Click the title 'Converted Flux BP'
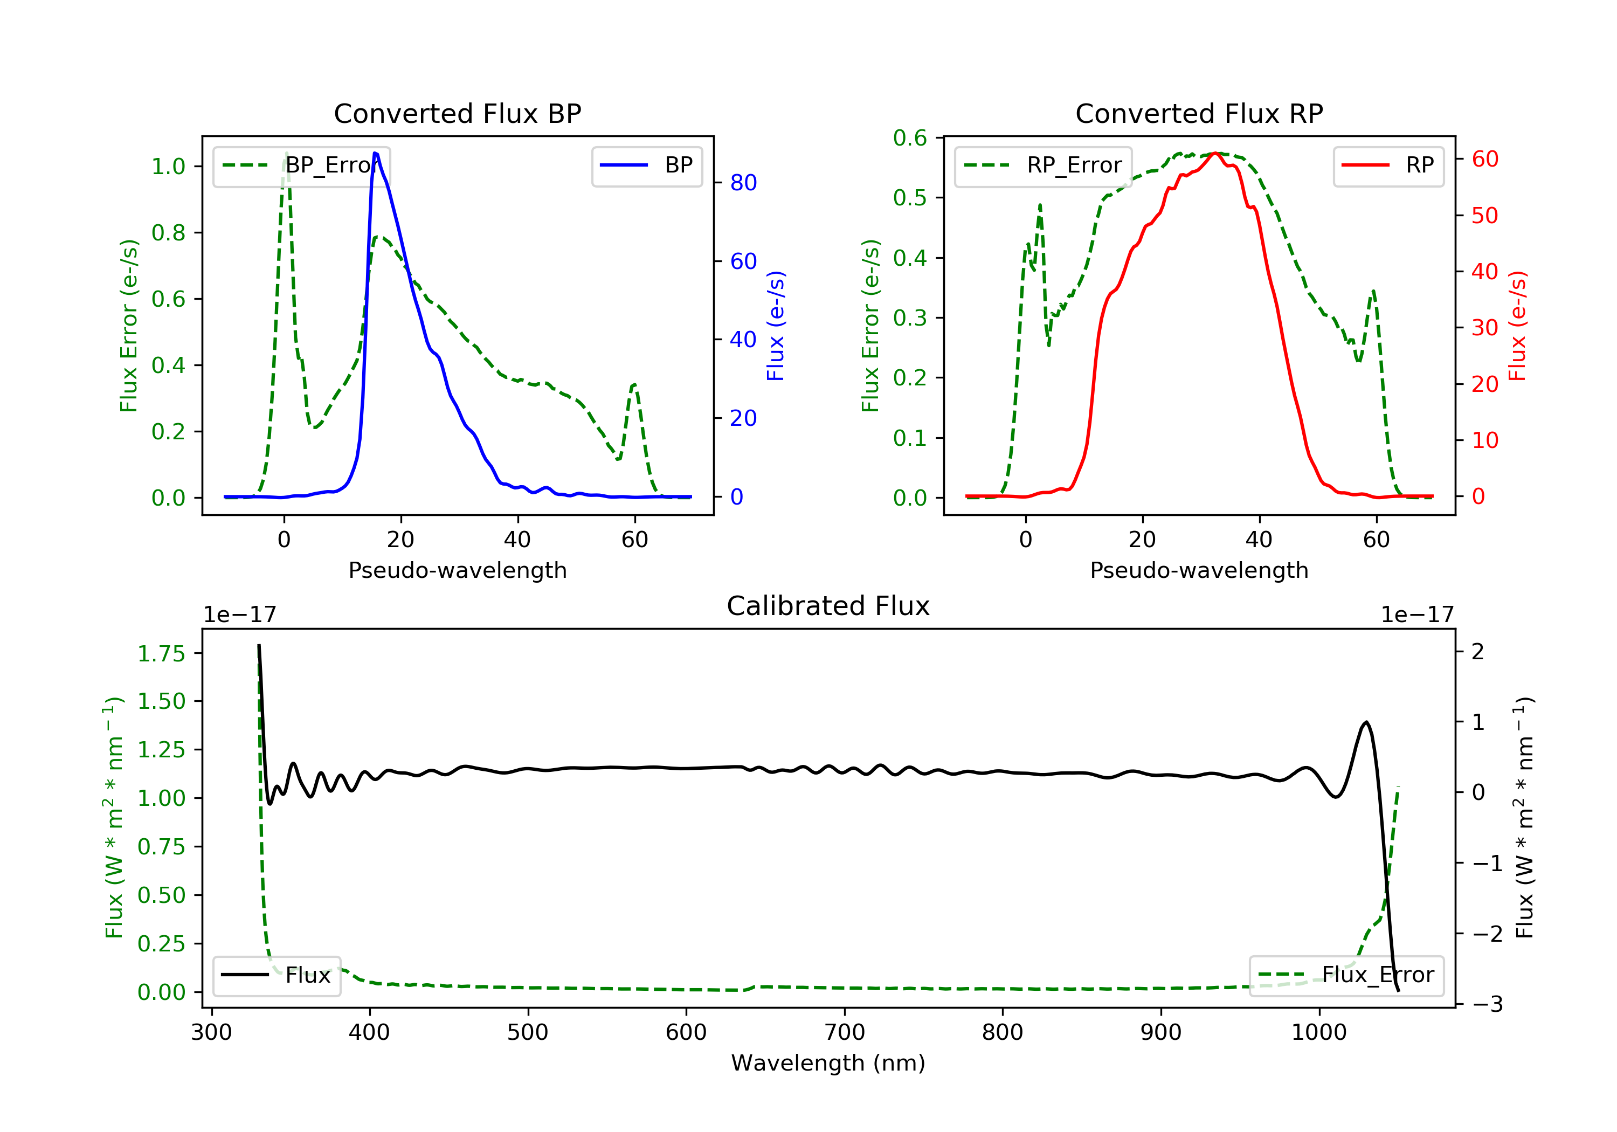click(x=458, y=113)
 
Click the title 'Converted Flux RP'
click(x=1199, y=113)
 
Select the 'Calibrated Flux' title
click(x=828, y=606)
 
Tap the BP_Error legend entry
click(x=301, y=165)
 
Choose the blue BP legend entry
click(x=646, y=165)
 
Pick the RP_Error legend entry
click(x=1043, y=165)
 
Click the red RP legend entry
click(x=1388, y=165)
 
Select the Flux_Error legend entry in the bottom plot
click(x=1346, y=975)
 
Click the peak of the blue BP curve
click(x=375, y=153)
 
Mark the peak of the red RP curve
click(x=1215, y=153)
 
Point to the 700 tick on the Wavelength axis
click(x=845, y=1033)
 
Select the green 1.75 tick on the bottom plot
click(x=161, y=654)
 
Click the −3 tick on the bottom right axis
click(x=1487, y=1004)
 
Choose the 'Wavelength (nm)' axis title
click(x=828, y=1063)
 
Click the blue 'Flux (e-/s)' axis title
click(x=776, y=326)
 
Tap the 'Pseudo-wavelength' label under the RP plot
click(x=1199, y=570)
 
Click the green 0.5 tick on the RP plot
click(x=910, y=198)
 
